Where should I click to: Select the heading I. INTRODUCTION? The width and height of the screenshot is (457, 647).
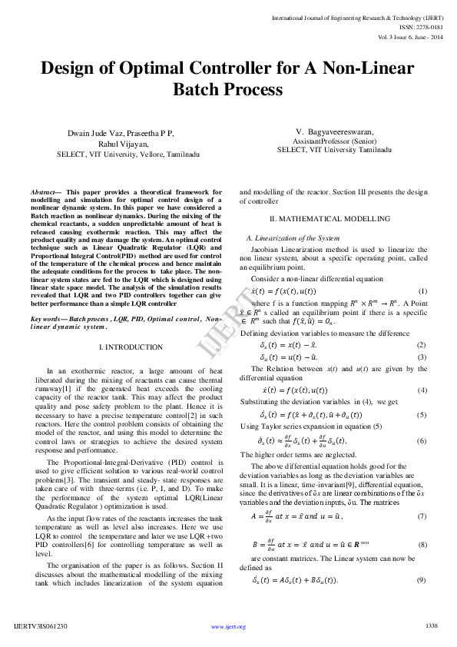tap(127, 348)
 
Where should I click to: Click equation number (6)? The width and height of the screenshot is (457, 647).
tap(422, 440)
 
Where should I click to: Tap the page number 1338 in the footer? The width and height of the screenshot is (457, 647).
tap(431, 626)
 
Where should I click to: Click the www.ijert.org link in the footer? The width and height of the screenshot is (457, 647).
tap(228, 627)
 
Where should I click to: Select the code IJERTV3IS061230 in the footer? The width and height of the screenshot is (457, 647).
tap(41, 627)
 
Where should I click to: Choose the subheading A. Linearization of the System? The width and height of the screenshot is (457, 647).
tap(285, 239)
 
